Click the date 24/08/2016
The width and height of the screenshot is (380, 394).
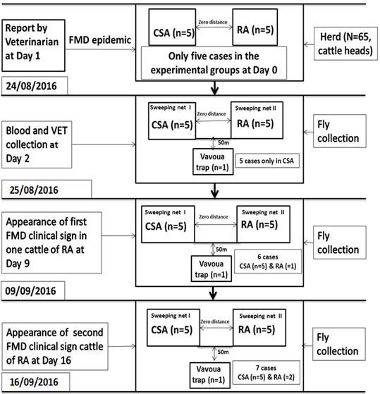(32, 86)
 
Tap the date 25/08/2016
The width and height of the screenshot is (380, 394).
(34, 190)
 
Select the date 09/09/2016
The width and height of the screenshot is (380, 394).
(30, 291)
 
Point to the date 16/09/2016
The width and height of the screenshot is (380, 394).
(34, 382)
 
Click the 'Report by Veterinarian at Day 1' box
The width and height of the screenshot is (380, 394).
(33, 46)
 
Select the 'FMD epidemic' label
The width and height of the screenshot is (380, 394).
(100, 40)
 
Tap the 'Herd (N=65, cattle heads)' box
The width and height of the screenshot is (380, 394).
(345, 44)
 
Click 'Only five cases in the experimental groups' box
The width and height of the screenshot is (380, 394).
(214, 63)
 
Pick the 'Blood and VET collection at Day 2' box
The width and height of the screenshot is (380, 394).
(37, 144)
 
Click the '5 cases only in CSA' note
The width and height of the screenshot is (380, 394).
(267, 161)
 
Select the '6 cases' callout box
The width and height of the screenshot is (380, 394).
(268, 261)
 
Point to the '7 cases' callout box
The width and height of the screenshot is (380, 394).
(266, 373)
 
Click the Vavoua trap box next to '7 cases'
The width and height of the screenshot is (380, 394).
(209, 375)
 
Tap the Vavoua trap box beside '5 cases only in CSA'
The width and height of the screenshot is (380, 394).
(213, 161)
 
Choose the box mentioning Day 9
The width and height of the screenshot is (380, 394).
(51, 242)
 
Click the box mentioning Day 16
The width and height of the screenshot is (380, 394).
(55, 347)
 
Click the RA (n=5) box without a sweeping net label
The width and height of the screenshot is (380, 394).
(255, 27)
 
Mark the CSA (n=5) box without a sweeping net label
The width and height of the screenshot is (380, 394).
(172, 27)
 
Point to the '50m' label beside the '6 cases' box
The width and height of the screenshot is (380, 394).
(221, 250)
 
